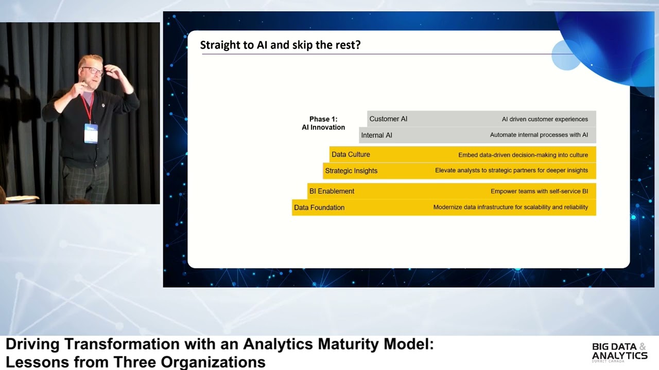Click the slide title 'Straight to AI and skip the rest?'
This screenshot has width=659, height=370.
[x=280, y=45]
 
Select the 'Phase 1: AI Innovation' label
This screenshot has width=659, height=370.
[x=323, y=123]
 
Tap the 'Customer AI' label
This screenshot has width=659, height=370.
[x=388, y=119]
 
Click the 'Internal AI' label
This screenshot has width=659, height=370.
[x=376, y=135]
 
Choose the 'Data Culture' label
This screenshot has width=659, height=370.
[x=351, y=155]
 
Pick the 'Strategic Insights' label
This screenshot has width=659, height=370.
[x=351, y=171]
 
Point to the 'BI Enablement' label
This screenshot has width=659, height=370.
[x=332, y=191]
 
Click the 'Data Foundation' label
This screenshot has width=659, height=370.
[x=319, y=208]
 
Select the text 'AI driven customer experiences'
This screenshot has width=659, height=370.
[x=545, y=119]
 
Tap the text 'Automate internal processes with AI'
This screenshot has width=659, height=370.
[x=539, y=135]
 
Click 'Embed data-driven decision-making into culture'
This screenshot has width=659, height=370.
[x=523, y=155]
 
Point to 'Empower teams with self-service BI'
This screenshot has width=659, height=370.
[x=539, y=191]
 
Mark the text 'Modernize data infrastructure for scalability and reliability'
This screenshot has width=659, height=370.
[x=510, y=208]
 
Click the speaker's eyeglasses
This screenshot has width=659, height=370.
[x=93, y=71]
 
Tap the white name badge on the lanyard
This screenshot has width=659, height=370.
[x=91, y=133]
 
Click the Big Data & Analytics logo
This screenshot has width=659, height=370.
[x=619, y=352]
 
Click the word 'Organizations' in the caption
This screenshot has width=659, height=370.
[x=213, y=362]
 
